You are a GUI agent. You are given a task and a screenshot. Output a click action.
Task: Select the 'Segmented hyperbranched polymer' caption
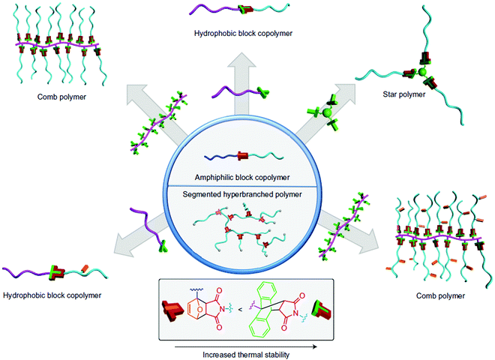(247, 196)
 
